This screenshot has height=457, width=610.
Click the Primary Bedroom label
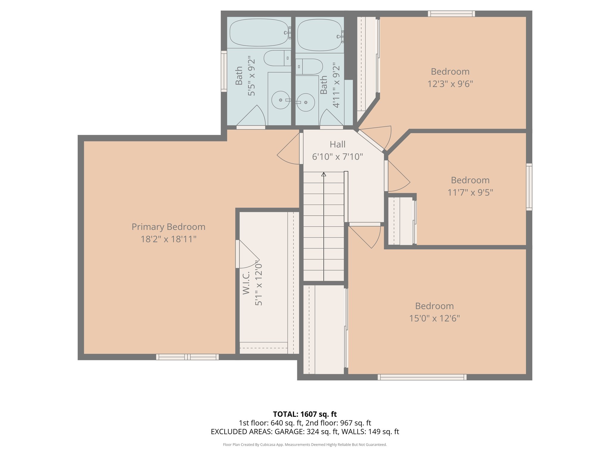[168, 227]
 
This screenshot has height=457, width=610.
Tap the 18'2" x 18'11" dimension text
[168, 239]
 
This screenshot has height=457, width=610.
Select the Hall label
[337, 144]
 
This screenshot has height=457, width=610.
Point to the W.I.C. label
[246, 283]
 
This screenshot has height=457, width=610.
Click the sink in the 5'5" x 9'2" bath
[281, 100]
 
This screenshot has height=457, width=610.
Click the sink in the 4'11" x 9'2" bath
[306, 102]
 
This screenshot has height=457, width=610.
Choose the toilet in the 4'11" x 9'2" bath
[310, 66]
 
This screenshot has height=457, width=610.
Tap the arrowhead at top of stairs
[324, 174]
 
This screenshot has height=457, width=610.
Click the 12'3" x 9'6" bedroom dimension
[450, 84]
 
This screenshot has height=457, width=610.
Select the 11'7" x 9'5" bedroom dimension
[470, 192]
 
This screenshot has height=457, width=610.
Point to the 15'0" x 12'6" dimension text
[434, 318]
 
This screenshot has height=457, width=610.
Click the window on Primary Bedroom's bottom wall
[187, 357]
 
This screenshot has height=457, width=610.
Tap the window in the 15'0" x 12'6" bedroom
[422, 377]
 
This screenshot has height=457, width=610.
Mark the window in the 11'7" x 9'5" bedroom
[529, 187]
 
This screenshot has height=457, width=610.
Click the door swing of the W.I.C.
[249, 254]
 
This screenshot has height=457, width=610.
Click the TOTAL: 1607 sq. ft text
[305, 414]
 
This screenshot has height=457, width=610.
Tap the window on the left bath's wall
[224, 71]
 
